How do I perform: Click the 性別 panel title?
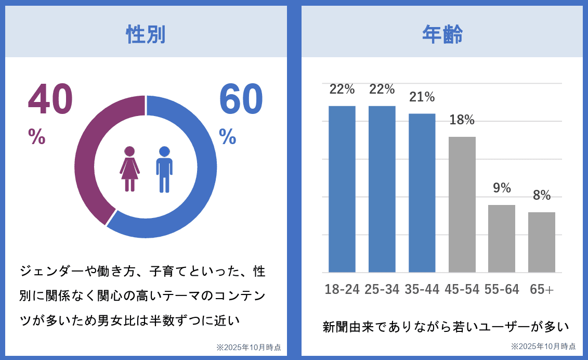coord(146,34)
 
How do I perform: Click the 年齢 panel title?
coord(442,34)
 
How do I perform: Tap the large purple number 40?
coord(50,99)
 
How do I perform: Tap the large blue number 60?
coord(241,99)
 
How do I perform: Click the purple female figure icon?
coord(130,169)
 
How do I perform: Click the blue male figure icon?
coord(164,169)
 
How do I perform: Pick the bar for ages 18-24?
coord(342,189)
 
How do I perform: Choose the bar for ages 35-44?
coord(422,192)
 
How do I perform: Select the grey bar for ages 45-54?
coord(462,204)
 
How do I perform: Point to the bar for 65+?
coord(542,242)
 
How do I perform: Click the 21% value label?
coord(422,97)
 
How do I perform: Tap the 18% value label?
coord(462,120)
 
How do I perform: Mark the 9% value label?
coord(502,188)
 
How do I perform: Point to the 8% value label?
coord(542,195)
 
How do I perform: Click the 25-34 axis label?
coord(382,289)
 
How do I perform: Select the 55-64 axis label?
coord(502,289)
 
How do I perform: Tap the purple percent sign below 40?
coord(37,136)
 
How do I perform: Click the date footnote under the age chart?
coord(543,346)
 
